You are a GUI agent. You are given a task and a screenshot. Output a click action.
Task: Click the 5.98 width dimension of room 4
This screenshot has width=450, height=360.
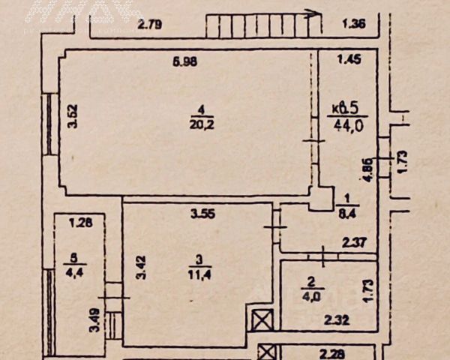tap(184, 61)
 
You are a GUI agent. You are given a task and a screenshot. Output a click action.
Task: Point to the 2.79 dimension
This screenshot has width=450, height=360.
tap(150, 25)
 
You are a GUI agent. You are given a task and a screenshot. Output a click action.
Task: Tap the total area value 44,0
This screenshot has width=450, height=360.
tap(348, 126)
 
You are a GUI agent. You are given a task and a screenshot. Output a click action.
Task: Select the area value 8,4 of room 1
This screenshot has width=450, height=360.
tap(346, 213)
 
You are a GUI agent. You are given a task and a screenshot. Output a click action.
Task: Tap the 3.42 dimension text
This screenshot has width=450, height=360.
tap(139, 268)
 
